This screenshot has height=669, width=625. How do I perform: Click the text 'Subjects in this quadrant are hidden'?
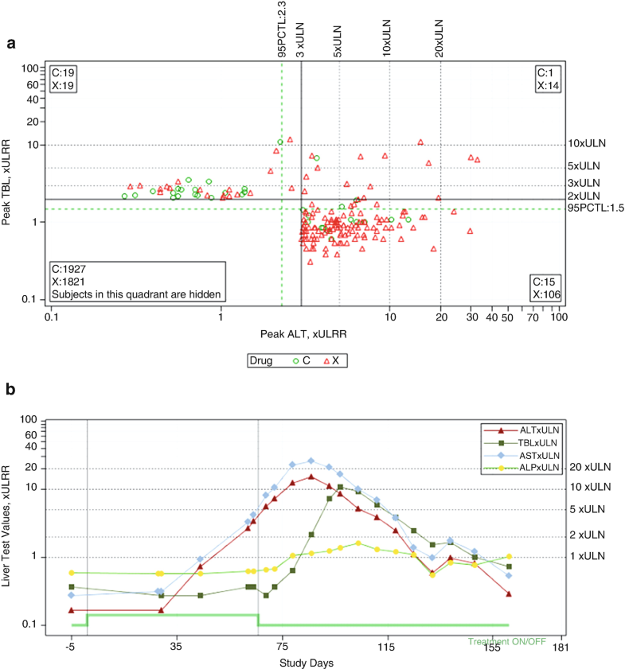click(136, 294)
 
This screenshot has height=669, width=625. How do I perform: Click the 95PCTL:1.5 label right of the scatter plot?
click(592, 208)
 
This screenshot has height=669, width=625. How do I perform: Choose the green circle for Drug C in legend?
click(295, 361)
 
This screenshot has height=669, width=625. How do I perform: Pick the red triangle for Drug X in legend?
click(327, 361)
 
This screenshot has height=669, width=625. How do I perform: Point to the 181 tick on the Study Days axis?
click(562, 648)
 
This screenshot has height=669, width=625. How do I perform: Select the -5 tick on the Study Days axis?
click(71, 648)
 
